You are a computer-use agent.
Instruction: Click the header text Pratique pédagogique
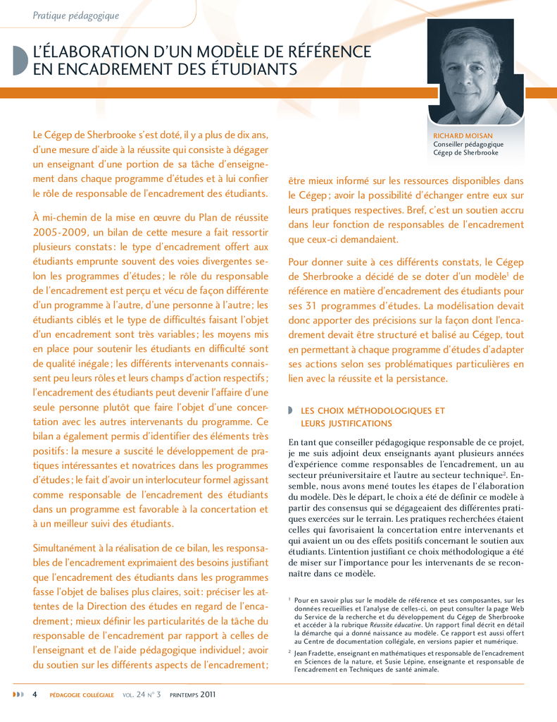click(x=75, y=16)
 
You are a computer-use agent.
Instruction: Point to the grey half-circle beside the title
click(x=19, y=61)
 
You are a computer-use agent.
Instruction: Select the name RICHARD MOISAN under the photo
click(x=463, y=135)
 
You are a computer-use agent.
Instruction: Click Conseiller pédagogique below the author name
click(x=468, y=144)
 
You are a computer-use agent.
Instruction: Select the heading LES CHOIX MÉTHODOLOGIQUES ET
click(x=373, y=410)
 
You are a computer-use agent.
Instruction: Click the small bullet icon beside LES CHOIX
click(x=291, y=410)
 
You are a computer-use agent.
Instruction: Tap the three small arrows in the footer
click(x=18, y=695)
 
